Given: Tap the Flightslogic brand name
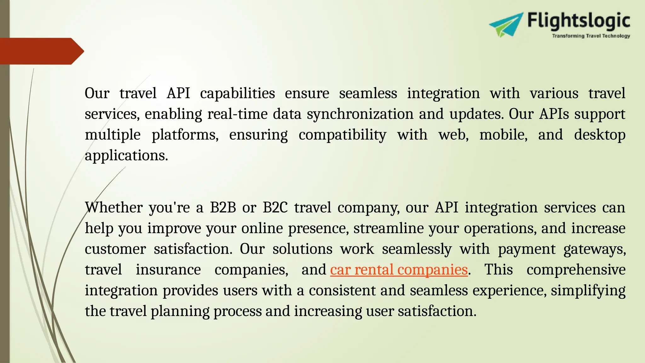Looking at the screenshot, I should coord(579,21).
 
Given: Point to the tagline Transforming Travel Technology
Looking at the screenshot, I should coord(591,36).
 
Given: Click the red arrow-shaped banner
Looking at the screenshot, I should coord(41,51).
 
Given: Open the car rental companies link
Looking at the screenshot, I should coord(399,270).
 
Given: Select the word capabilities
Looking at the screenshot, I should coord(237,94).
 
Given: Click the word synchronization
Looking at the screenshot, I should coord(360,114).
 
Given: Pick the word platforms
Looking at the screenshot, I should coord(185,135).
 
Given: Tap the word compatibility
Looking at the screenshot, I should coord(342,135).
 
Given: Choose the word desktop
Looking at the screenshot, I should coord(599,135).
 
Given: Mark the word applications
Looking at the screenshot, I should coord(126,156).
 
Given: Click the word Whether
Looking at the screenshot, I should coord(114,208).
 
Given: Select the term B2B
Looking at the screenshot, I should coord(223,208).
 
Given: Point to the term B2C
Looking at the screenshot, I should coord(275,208).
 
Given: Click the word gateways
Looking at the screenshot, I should coord(594,249).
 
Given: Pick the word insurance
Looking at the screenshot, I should coord(168,270).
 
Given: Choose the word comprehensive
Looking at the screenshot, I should coord(576,270).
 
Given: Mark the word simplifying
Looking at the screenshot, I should coord(588,291).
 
